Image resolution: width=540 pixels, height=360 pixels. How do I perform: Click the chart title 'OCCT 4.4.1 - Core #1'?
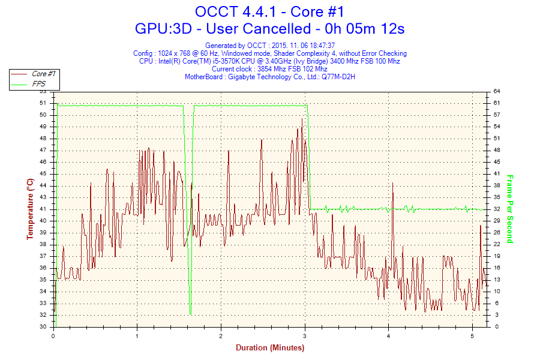tap(269, 11)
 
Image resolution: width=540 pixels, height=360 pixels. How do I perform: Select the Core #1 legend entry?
tap(43, 74)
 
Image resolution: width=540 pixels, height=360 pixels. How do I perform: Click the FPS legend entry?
tap(39, 84)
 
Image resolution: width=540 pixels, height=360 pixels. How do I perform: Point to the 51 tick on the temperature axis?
tap(43, 103)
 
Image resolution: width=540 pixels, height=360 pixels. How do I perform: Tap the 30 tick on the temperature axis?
tap(43, 327)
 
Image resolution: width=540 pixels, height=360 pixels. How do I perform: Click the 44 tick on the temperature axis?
tap(43, 185)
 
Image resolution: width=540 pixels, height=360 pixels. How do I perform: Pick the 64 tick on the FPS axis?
tap(497, 91)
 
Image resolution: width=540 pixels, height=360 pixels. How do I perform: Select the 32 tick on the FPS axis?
tap(497, 209)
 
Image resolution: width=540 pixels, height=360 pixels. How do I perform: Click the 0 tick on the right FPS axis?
tap(496, 327)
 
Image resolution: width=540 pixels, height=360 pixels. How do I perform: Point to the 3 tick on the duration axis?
tap(305, 335)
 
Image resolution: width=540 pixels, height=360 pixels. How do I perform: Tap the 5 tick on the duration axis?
tap(472, 335)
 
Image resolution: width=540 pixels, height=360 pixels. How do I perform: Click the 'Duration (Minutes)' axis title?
tap(269, 348)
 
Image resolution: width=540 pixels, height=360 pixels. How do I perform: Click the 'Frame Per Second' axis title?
tap(510, 209)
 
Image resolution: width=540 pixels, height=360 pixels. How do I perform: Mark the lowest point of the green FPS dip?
tap(190, 313)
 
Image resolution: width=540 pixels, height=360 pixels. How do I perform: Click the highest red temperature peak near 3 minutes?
tap(302, 119)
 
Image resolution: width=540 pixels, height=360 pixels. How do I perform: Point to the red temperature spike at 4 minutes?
tap(392, 184)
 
